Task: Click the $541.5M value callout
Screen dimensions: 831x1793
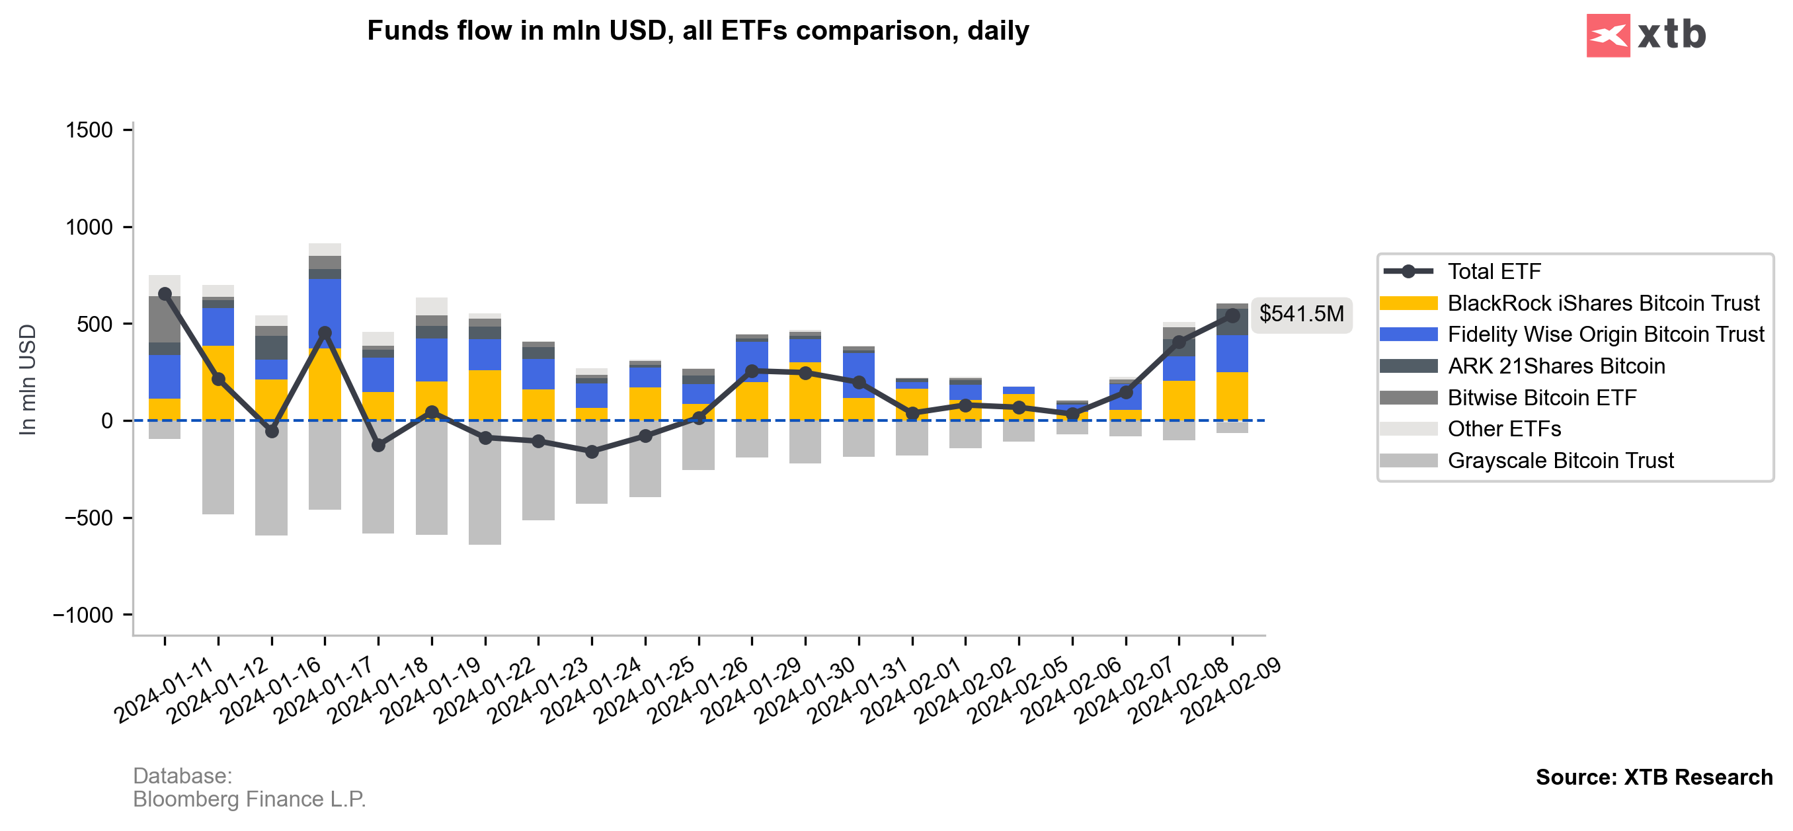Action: click(1301, 315)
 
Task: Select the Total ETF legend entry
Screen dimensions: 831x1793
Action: click(1494, 272)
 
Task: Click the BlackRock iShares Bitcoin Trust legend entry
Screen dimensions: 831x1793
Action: click(1603, 303)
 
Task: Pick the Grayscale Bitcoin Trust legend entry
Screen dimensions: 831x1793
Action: click(1560, 461)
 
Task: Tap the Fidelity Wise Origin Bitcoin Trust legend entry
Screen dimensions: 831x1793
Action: click(1605, 335)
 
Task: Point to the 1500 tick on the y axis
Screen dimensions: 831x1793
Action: click(89, 130)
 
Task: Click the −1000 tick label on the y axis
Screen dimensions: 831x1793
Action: click(83, 615)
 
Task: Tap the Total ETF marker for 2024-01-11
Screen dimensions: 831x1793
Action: click(165, 294)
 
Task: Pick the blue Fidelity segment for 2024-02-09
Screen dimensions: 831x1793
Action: click(1232, 354)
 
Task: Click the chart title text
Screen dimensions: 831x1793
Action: click(697, 31)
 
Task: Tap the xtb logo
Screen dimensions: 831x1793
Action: click(1646, 35)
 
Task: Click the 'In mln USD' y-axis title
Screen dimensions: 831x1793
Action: click(28, 379)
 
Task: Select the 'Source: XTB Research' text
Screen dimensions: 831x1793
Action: click(1654, 777)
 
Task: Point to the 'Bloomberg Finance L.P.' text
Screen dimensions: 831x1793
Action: click(249, 800)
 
